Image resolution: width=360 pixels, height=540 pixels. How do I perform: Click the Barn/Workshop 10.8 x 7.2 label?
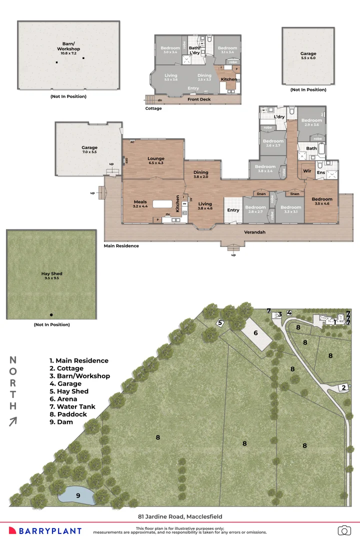tap(68, 49)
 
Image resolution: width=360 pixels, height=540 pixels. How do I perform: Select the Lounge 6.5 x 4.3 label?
tap(156, 160)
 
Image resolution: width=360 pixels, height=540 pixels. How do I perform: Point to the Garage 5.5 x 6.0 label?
tap(308, 55)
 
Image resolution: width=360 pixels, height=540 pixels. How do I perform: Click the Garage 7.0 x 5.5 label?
tap(89, 150)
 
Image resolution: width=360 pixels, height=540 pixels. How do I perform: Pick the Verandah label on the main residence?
tap(254, 232)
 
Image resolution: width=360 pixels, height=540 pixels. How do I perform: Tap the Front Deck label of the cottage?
tap(199, 99)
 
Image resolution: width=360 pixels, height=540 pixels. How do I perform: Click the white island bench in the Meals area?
tap(162, 204)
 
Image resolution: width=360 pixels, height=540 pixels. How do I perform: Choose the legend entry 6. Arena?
tap(63, 399)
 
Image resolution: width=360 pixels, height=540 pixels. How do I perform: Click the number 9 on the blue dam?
tap(77, 495)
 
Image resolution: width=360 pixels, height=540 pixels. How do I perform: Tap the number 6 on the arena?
tap(255, 333)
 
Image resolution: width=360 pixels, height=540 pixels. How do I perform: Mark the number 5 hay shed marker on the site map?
tap(219, 323)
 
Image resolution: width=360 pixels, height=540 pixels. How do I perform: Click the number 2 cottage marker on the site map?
tap(343, 387)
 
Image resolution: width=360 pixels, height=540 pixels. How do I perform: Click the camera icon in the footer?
tap(344, 530)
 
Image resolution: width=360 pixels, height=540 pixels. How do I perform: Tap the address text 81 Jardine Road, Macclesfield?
tap(180, 516)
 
